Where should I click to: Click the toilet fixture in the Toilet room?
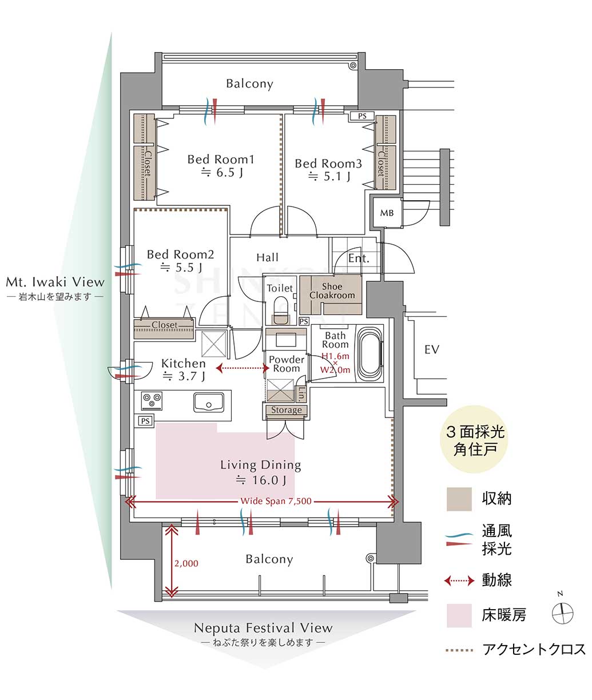pos(280,311)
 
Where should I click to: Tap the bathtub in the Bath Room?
pos(370,354)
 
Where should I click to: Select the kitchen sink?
pos(209,402)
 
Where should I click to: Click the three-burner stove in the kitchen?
pos(152,401)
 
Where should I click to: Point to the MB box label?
pos(387,213)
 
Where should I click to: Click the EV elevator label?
pos(432,349)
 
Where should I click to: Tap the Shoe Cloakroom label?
pos(332,291)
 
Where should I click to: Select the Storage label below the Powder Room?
pos(286,410)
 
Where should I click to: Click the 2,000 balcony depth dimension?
pos(186,563)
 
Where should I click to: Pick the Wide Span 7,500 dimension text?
pos(276,501)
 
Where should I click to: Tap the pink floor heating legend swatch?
pos(459,615)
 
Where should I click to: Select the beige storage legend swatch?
pos(459,499)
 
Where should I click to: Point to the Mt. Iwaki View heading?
pos(55,282)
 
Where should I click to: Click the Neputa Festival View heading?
pos(263,628)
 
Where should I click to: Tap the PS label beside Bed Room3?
pos(362,116)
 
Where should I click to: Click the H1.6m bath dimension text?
pos(335,356)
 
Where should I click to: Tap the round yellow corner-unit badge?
pos(474,439)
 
